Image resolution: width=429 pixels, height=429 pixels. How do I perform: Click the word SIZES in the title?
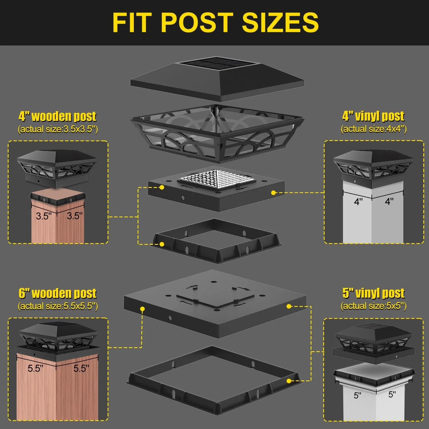(280, 22)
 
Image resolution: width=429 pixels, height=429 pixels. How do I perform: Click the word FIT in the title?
(132, 22)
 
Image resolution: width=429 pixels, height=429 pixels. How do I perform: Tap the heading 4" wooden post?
(57, 116)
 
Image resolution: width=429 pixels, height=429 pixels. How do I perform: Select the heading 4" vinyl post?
(373, 116)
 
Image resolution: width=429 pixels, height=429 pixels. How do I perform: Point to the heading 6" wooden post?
(57, 293)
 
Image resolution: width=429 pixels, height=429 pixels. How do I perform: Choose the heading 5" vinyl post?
(374, 293)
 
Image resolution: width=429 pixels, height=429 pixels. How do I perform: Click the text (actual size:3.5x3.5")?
(58, 129)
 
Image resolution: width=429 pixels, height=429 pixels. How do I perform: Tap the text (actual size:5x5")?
(374, 306)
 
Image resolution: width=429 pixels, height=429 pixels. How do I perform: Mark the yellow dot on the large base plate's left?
(142, 309)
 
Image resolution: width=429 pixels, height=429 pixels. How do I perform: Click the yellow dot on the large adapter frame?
(289, 381)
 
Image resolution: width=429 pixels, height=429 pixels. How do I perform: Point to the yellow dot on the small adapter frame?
(162, 244)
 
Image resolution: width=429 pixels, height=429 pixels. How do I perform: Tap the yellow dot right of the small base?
(273, 193)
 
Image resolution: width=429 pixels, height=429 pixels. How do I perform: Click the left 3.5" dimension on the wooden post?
(44, 216)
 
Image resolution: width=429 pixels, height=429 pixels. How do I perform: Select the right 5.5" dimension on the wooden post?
(81, 368)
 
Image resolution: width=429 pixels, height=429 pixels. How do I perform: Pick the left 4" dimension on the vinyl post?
(358, 202)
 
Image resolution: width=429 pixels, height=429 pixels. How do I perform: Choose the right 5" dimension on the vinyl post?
(392, 395)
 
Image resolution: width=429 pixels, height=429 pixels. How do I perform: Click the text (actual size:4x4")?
(374, 129)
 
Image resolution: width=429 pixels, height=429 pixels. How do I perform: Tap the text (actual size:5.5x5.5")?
(58, 306)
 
